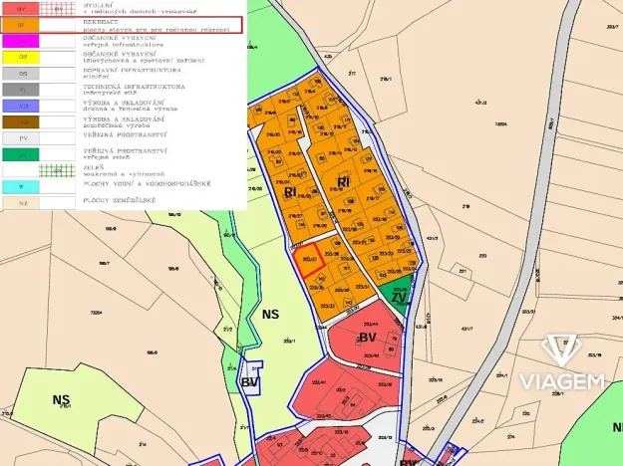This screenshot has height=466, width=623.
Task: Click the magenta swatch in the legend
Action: tap(23, 41)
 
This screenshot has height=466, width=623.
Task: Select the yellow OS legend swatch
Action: tap(23, 57)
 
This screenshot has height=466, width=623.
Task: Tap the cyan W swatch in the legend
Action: tap(23, 186)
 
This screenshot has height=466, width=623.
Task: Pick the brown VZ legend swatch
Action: tap(23, 121)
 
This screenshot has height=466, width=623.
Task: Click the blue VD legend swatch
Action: tap(23, 106)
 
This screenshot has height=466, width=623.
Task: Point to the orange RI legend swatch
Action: tap(23, 25)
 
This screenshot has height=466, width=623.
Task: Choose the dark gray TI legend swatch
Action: tap(23, 90)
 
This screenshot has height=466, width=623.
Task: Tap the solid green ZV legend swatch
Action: tap(23, 154)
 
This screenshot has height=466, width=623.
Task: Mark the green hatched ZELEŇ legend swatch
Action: tap(56, 170)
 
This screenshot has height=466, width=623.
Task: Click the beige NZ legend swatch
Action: tap(23, 203)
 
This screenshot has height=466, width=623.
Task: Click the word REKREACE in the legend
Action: tap(104, 21)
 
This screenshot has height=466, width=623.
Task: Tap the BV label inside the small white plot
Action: tap(249, 381)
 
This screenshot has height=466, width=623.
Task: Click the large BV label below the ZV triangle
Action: tap(367, 338)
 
